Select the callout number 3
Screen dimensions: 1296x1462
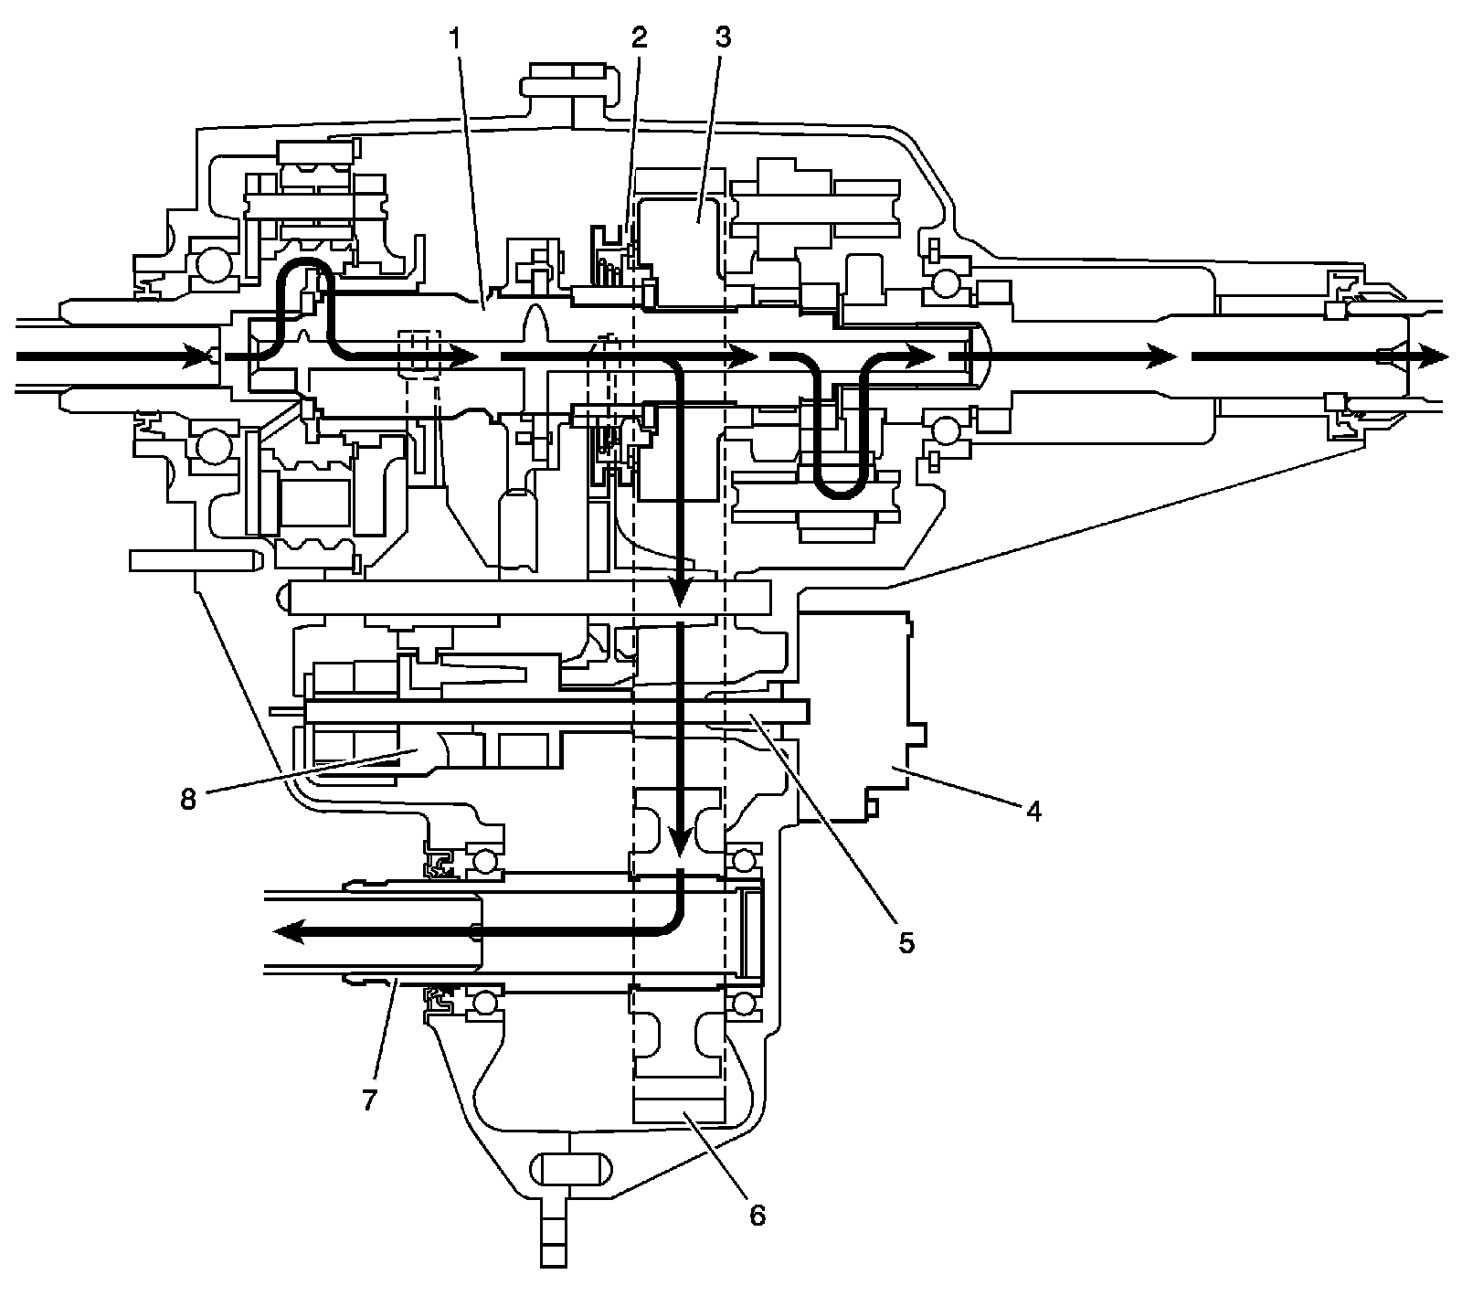click(x=723, y=39)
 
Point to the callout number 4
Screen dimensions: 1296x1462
click(x=1033, y=812)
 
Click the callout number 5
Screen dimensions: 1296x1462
click(x=906, y=943)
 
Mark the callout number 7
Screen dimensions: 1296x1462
click(x=369, y=1099)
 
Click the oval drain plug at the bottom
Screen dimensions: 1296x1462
click(x=567, y=1169)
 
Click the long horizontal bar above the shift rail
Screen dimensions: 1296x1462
click(x=530, y=598)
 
